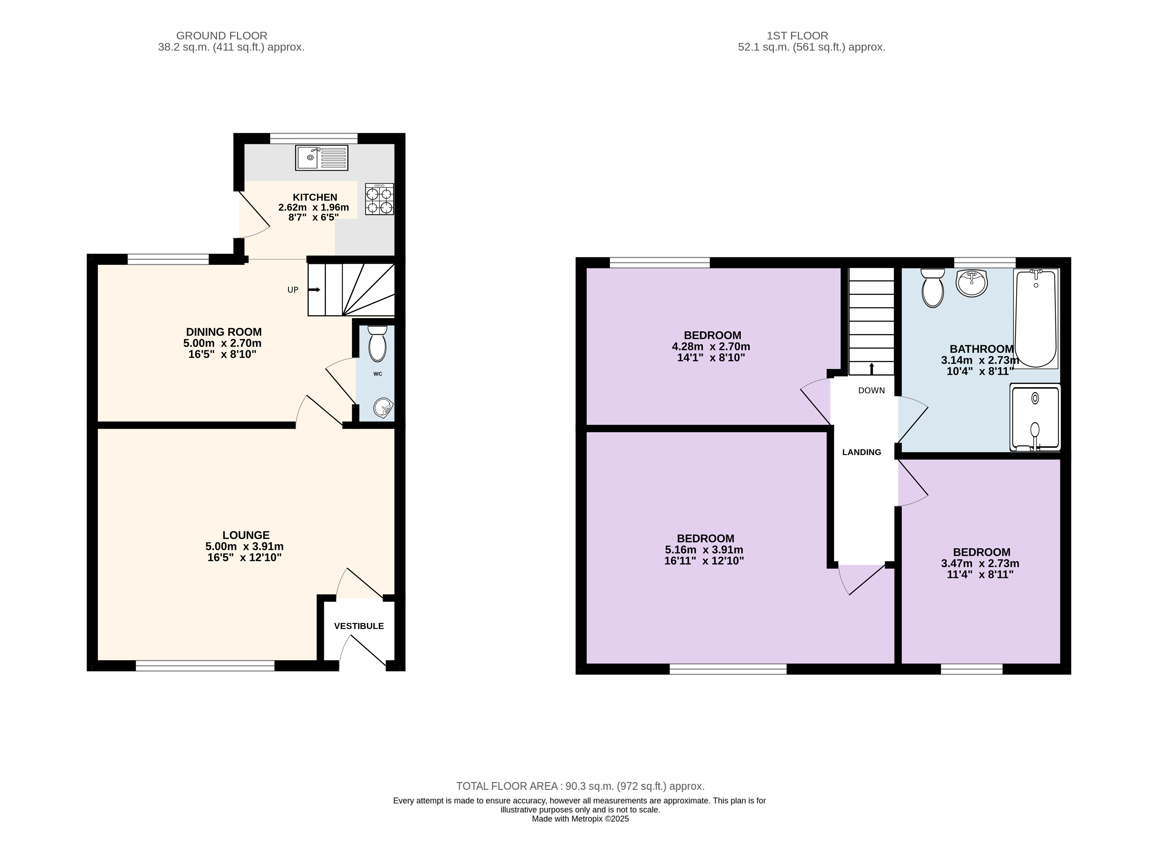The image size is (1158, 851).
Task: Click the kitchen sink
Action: pos(321,157)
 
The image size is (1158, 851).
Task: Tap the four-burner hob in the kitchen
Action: pos(379,199)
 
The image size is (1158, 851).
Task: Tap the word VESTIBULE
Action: pos(359,626)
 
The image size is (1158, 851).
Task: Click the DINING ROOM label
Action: pos(223,332)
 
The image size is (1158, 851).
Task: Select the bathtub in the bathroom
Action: pos(1035,318)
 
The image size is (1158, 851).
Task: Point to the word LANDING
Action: pos(862,452)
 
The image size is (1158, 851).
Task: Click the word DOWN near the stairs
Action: pos(871,390)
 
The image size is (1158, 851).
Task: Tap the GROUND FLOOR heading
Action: pos(222,36)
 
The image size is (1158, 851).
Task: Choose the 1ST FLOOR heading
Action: pos(797,36)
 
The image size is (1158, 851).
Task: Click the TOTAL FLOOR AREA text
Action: pos(580,786)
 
